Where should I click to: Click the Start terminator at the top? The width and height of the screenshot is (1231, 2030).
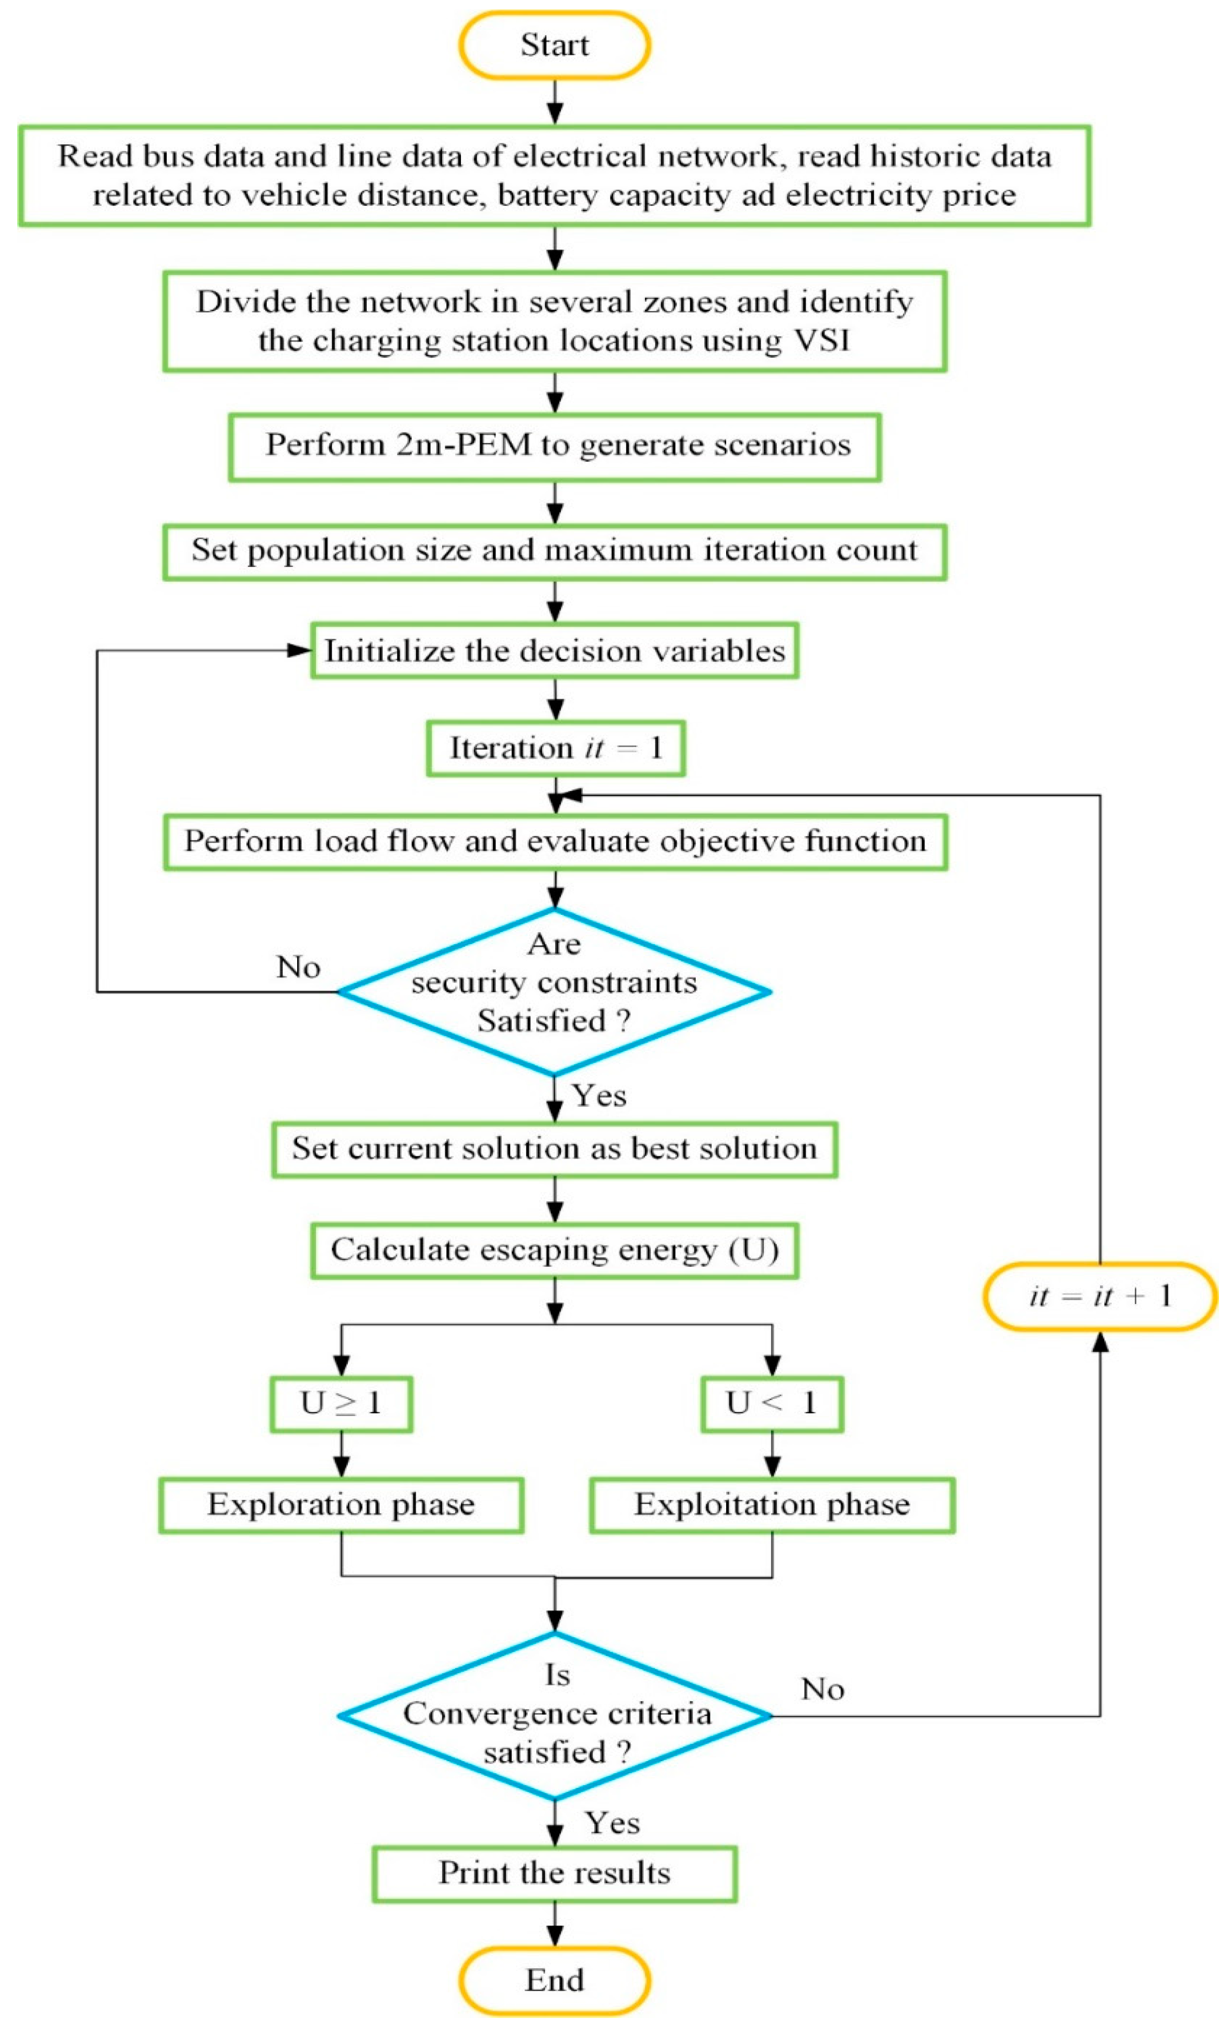(x=555, y=44)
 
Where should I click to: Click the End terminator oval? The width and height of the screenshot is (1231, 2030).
(x=555, y=1980)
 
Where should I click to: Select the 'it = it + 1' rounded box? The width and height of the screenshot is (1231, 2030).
(x=1099, y=1296)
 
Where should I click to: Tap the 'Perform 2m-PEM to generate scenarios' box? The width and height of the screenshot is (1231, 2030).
(x=555, y=447)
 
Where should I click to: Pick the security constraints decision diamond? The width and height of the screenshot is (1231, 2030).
(x=555, y=991)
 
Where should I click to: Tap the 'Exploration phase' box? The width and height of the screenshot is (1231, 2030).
(x=341, y=1504)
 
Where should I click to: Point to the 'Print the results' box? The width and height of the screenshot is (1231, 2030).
(x=555, y=1873)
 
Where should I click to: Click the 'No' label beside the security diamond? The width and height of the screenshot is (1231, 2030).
(x=298, y=967)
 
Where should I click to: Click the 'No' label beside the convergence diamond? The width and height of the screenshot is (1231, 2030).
(x=822, y=1689)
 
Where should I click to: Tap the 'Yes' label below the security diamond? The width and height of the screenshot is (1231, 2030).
(x=599, y=1096)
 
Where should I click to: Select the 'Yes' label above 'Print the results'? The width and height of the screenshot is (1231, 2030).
(x=612, y=1822)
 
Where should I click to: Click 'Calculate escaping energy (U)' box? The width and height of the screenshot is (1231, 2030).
(x=555, y=1250)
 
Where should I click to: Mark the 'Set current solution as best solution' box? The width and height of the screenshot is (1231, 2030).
(x=555, y=1149)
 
